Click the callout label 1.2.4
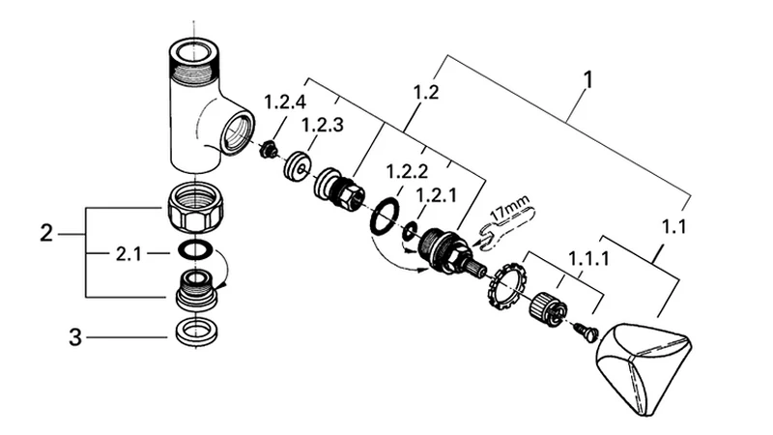point(285,102)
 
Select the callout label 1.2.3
point(322,126)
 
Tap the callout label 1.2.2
point(407,172)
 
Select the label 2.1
point(129,253)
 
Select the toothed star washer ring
point(507,290)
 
